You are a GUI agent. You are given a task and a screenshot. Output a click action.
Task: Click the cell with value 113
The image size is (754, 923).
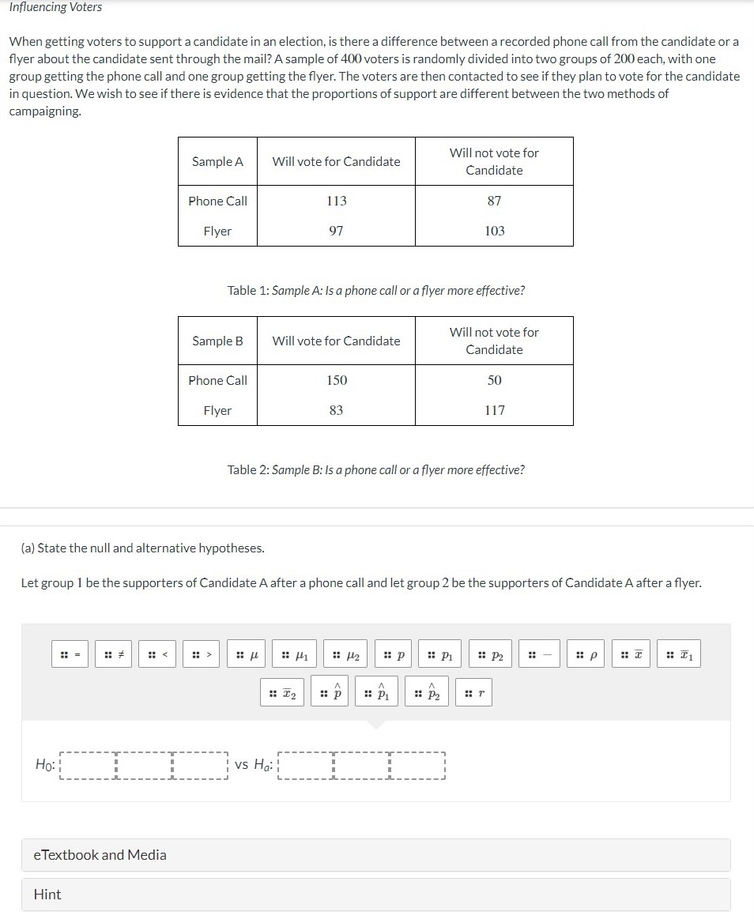(336, 201)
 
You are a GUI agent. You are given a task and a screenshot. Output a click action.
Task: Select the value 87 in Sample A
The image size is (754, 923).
(494, 201)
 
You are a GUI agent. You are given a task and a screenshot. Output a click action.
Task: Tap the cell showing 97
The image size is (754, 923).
(336, 231)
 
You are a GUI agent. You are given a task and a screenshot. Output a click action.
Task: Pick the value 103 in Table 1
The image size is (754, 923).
(494, 231)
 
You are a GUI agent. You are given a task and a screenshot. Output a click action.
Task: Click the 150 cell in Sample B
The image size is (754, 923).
(336, 380)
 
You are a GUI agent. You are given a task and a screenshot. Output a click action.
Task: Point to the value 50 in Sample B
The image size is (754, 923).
(494, 380)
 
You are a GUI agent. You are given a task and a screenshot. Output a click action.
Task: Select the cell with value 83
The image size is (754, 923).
(336, 410)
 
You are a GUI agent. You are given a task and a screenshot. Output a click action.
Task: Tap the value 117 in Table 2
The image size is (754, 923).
(494, 410)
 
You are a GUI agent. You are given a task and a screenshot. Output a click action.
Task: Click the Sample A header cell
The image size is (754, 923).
(217, 161)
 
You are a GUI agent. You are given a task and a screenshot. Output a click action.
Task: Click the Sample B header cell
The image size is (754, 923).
(217, 341)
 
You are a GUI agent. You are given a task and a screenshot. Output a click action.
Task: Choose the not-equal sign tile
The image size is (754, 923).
(115, 655)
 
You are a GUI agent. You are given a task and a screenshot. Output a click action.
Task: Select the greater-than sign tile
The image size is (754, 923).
(203, 655)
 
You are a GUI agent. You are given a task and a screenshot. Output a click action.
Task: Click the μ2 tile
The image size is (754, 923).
(348, 655)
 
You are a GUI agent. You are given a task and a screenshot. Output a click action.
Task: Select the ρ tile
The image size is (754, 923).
(586, 655)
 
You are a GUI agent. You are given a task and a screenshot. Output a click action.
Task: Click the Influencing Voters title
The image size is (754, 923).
(55, 7)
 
